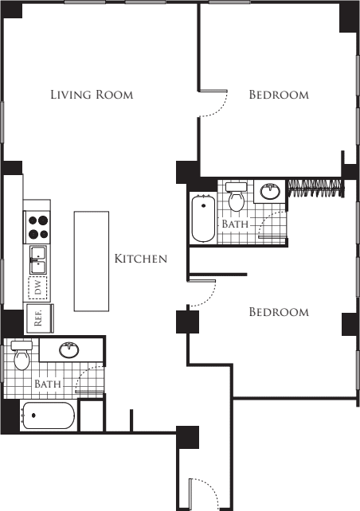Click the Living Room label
point(91,95)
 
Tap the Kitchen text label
point(140,259)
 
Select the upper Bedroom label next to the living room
point(278,95)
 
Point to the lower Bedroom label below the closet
point(278,312)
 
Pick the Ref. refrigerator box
point(38,318)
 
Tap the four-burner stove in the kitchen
point(37,228)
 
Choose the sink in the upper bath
point(271,190)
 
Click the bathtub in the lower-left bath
point(48,416)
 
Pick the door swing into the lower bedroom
point(201,295)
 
